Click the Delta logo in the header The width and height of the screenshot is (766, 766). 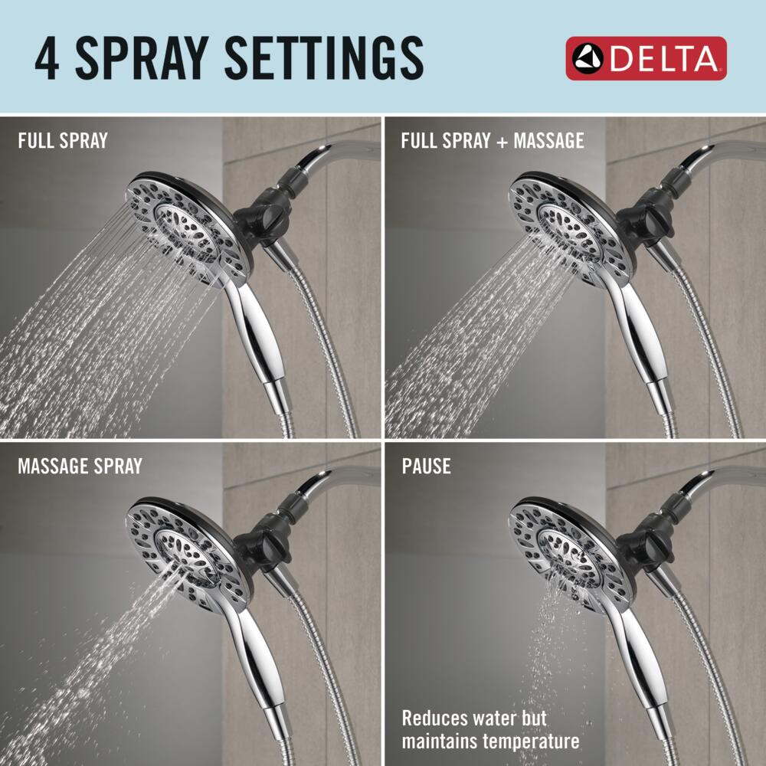coord(646,58)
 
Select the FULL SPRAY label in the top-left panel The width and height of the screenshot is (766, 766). coord(63,141)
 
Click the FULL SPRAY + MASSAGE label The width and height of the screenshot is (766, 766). coord(493,141)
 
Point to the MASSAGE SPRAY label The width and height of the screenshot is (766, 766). coord(80,466)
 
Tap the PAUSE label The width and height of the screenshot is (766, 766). coord(426,466)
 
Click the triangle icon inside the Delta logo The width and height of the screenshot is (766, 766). coord(586,58)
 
